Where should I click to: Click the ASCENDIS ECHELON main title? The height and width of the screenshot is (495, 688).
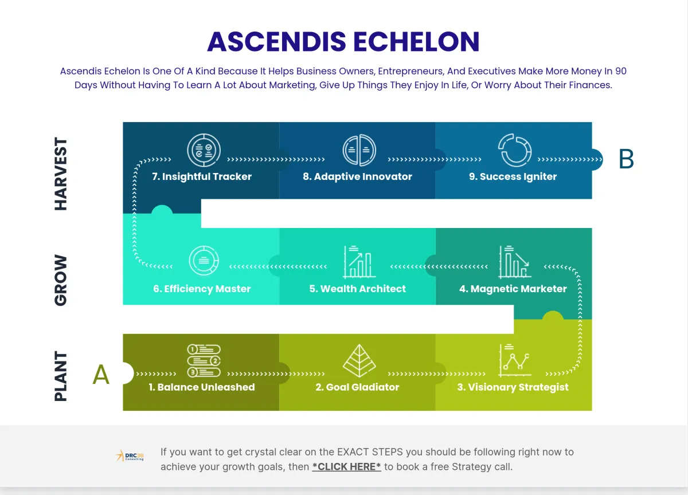coord(343,41)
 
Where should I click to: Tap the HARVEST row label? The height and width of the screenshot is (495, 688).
coord(61,174)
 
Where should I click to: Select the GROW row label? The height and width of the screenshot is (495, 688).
coord(61,280)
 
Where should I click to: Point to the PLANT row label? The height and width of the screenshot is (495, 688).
coord(61,376)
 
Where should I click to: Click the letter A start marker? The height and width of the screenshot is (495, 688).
coord(101,374)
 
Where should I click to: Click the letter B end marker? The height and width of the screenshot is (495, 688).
coord(626,159)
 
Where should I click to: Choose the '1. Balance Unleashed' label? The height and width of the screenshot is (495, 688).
coord(202,387)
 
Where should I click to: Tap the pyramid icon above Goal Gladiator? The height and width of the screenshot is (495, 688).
coord(359,360)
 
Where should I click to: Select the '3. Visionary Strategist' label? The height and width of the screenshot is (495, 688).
coord(513,387)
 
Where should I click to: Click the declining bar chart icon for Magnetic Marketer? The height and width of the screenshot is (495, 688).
coord(515,262)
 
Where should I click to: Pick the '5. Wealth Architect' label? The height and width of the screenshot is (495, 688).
coord(358,289)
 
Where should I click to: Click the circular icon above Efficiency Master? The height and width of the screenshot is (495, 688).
coord(204,261)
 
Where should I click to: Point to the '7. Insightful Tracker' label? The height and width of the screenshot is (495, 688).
coord(202,176)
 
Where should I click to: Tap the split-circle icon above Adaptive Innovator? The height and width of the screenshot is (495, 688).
coord(359,150)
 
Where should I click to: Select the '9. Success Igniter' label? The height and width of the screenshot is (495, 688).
coord(513,176)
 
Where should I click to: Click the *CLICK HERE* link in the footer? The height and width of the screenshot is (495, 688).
coord(346,467)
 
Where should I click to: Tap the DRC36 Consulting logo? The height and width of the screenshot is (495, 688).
coord(130,456)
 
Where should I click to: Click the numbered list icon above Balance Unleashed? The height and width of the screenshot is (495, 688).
coord(204,360)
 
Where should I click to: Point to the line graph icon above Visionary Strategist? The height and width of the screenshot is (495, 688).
coord(515,360)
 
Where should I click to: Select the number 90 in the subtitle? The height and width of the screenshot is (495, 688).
coord(621,71)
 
